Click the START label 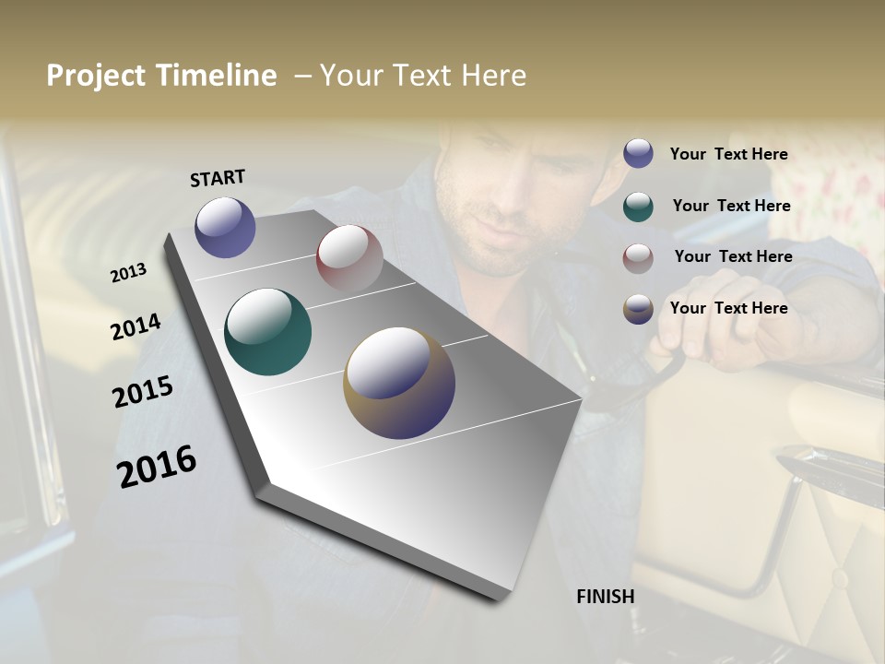[x=218, y=177]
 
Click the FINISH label [x=606, y=597]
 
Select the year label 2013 [x=129, y=272]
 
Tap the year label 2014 [x=136, y=326]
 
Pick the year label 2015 [x=143, y=392]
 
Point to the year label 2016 [x=157, y=466]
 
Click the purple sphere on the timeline [x=225, y=227]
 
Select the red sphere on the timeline [x=349, y=258]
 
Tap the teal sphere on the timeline [x=268, y=332]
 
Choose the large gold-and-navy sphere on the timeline [x=399, y=383]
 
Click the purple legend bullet [x=638, y=153]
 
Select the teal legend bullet [x=638, y=207]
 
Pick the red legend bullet [x=638, y=258]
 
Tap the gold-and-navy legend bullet [x=638, y=309]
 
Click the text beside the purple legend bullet [x=728, y=154]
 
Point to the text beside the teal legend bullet [x=731, y=206]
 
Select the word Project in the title [x=96, y=76]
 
